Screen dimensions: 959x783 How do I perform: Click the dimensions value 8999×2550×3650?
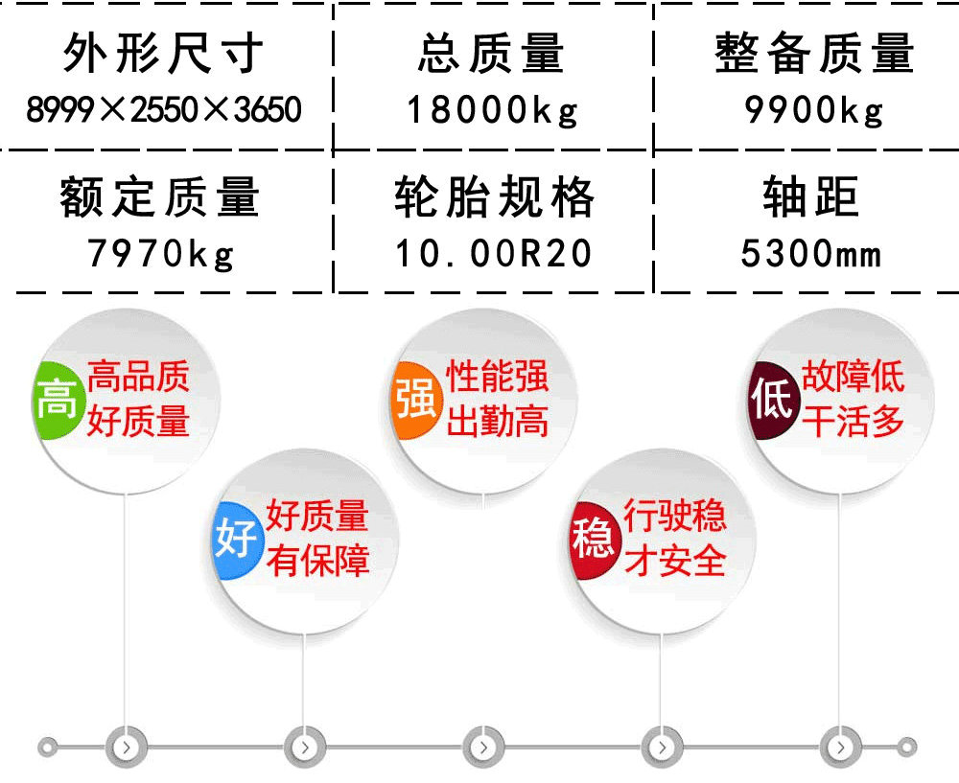164,109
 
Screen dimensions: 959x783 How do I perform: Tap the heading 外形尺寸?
164,53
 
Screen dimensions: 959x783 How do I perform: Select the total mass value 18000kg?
492,110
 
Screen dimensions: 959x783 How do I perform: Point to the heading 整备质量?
814,53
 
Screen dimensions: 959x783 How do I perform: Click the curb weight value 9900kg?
814,110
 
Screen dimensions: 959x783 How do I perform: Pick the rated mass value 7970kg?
161,254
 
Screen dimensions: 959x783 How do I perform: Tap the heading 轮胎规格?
494,196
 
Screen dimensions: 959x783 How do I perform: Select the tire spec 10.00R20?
494,253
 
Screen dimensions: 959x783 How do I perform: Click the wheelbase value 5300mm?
811,253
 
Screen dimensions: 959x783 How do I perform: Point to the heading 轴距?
811,196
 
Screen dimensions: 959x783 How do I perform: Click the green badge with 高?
58,400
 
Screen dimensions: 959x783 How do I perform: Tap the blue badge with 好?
238,541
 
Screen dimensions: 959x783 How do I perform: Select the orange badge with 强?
416,400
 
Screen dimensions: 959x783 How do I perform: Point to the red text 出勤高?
497,422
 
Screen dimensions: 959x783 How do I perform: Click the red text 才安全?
675,561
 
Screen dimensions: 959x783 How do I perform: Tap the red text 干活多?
853,422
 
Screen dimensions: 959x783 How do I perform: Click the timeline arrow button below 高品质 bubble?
127,747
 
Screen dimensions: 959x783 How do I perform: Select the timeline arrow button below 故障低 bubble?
840,747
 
